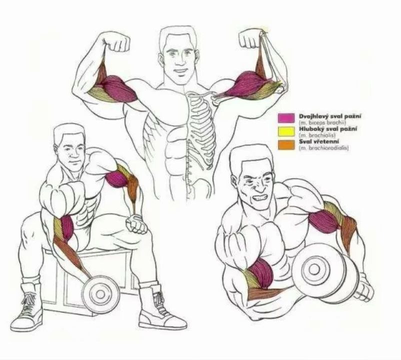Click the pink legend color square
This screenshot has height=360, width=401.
coord(286,118)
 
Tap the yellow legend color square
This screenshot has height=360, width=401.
coord(286,131)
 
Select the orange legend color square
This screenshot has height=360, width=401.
coord(286,144)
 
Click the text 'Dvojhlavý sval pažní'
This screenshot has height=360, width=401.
coord(330,116)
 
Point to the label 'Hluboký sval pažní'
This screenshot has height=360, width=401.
coord(328,129)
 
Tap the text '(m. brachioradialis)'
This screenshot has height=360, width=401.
coord(323,148)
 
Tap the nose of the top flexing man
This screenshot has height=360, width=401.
coord(179,60)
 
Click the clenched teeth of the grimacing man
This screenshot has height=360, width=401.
coord(259,197)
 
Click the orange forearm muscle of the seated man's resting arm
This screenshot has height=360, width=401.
coord(133,188)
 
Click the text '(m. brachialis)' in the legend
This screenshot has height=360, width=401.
coord(317,135)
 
